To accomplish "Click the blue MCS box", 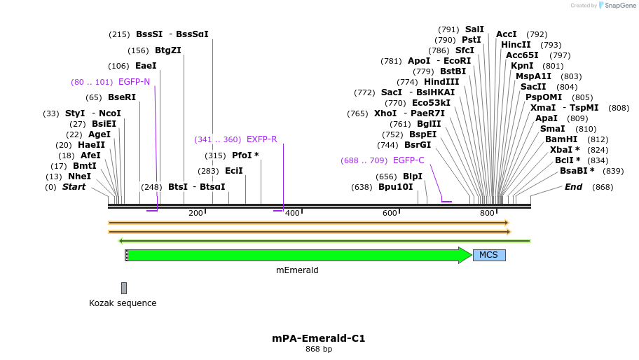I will click(x=489, y=255).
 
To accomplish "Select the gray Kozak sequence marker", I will click(x=124, y=288).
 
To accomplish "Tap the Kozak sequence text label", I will click(x=123, y=303).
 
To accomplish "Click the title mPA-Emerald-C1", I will click(x=319, y=338).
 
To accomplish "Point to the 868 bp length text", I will click(x=319, y=349).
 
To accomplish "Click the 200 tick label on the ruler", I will click(x=195, y=213).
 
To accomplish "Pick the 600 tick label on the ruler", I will click(x=390, y=213).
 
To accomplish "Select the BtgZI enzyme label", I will click(x=168, y=50).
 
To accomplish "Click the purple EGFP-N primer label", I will click(x=134, y=82).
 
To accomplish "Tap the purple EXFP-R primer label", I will click(x=261, y=139).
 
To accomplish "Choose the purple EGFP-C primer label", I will click(x=408, y=160).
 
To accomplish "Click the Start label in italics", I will click(x=74, y=187).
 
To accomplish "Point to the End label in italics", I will click(x=573, y=187).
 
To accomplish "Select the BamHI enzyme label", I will click(x=561, y=139).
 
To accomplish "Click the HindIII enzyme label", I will click(x=441, y=82).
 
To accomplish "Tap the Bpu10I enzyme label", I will click(x=395, y=187).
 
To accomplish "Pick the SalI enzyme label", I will click(x=474, y=29).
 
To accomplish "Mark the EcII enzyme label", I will click(x=234, y=170).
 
